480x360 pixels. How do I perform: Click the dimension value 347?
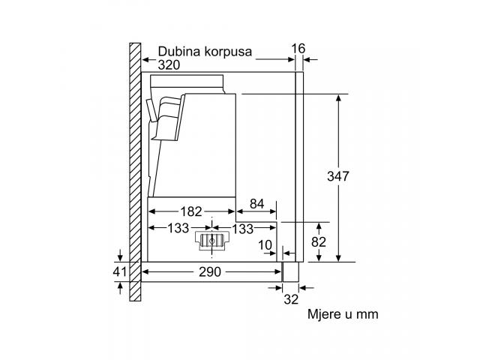(338, 176)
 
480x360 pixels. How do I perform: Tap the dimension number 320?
(169, 65)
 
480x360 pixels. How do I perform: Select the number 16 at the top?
(298, 49)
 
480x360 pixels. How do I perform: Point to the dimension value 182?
(191, 211)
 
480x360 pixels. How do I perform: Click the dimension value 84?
(256, 203)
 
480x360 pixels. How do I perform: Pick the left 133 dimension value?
(178, 228)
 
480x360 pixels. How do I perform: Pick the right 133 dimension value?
(243, 229)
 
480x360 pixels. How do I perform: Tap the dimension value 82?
(319, 242)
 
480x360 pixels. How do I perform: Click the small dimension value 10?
(265, 245)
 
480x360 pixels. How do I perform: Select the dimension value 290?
(210, 271)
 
